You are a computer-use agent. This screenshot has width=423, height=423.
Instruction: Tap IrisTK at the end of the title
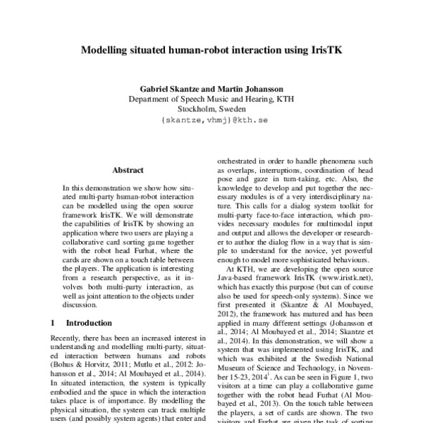coord(324,51)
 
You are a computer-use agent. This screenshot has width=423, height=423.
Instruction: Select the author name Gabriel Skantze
coord(165,89)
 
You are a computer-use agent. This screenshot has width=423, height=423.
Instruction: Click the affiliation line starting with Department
coord(211,99)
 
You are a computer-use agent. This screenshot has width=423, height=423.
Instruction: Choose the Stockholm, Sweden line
coord(211,110)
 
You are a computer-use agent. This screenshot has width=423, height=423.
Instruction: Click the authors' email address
coord(211,121)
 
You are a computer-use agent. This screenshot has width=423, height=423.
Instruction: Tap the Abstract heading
coord(128,170)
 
